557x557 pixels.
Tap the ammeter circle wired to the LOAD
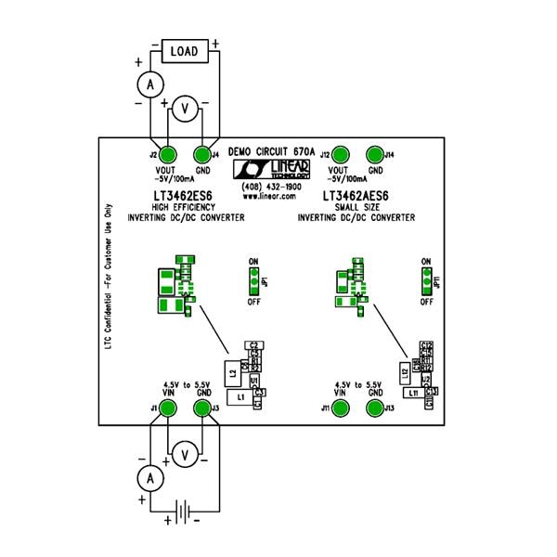(x=146, y=84)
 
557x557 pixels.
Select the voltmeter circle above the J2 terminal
(x=185, y=110)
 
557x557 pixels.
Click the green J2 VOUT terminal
(x=168, y=155)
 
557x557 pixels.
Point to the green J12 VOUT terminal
(x=341, y=155)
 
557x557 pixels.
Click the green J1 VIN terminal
(x=167, y=408)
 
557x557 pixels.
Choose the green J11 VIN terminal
(x=341, y=408)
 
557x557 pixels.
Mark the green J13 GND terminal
(x=375, y=408)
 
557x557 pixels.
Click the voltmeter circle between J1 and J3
(x=185, y=453)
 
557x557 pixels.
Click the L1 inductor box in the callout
(x=241, y=396)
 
